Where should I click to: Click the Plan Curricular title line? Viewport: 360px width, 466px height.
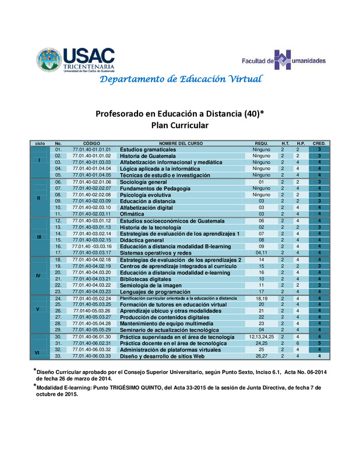click(179, 125)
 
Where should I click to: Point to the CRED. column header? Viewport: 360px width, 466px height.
click(319, 143)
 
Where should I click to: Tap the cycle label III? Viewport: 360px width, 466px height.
click(39, 237)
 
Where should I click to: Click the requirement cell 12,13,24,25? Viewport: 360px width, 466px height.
click(262, 337)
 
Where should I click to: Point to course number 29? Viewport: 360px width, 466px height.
click(58, 329)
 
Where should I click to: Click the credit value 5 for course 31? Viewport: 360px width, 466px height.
click(319, 343)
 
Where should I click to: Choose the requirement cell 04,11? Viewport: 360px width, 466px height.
click(262, 252)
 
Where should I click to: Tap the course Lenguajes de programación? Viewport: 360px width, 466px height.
click(156, 291)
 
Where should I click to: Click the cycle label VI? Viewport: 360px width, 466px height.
click(39, 352)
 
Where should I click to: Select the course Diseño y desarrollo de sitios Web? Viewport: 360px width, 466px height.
click(161, 356)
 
